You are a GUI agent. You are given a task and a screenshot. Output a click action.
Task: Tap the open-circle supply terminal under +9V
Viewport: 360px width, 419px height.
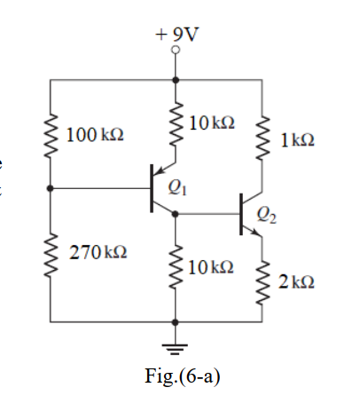[x=176, y=51]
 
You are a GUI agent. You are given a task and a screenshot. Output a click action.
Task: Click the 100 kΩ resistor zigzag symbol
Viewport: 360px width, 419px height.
[x=51, y=135]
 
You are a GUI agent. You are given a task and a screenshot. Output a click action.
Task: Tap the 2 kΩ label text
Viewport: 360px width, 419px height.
[x=295, y=282]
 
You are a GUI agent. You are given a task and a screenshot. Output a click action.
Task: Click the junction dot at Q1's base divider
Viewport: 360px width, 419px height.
[x=51, y=188]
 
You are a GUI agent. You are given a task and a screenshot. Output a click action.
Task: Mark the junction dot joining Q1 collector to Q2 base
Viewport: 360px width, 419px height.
[x=176, y=213]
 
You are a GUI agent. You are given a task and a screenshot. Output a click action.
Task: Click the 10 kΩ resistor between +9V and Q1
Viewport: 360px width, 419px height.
[x=176, y=127]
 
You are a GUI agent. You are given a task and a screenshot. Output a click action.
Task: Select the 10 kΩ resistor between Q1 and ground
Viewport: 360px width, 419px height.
[x=176, y=267]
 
